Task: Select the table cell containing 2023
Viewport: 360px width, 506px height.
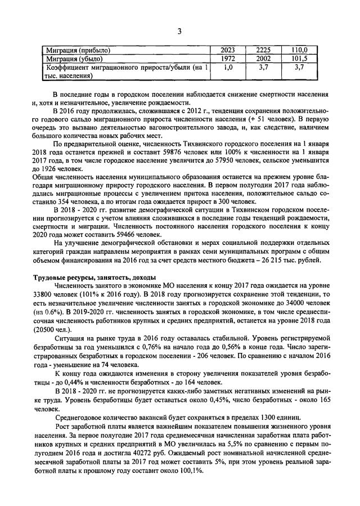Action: pyautogui.click(x=228, y=50)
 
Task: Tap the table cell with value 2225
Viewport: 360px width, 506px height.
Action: pyautogui.click(x=263, y=50)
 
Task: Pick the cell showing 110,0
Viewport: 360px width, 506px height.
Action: pyautogui.click(x=299, y=50)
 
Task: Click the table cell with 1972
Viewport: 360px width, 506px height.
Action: pyautogui.click(x=228, y=58)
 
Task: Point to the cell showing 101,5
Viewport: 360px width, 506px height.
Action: pyautogui.click(x=299, y=58)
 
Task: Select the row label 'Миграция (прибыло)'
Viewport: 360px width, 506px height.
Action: pyautogui.click(x=78, y=50)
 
